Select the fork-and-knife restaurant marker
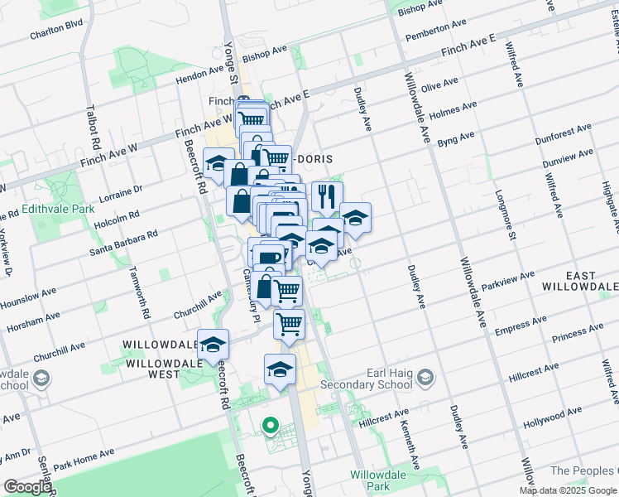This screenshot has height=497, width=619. (327, 196)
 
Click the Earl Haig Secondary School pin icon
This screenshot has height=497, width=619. (425, 379)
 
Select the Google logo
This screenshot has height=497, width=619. (26, 487)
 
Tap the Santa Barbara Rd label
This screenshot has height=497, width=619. (123, 244)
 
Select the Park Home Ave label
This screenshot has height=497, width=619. (84, 458)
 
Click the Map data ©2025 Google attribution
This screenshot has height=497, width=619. (568, 490)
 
